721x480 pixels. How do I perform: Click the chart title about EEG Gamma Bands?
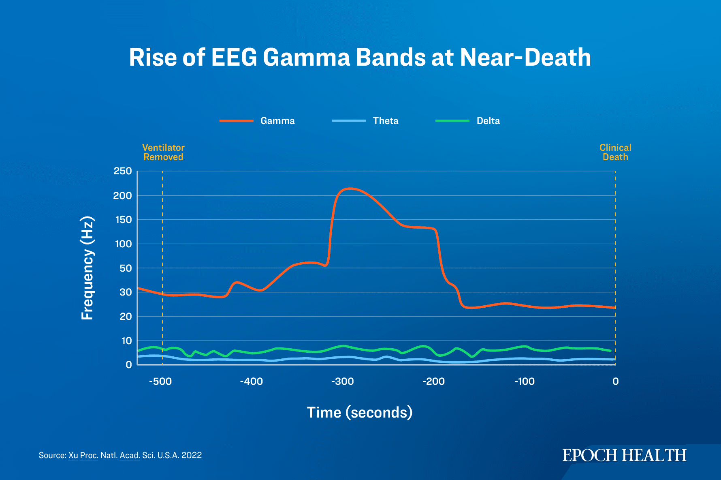pyautogui.click(x=360, y=57)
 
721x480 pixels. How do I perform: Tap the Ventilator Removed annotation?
pyautogui.click(x=163, y=152)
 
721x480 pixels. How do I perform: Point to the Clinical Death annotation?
pyautogui.click(x=615, y=152)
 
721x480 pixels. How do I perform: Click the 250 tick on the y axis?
pyautogui.click(x=123, y=171)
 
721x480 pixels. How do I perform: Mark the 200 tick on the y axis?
pyautogui.click(x=123, y=195)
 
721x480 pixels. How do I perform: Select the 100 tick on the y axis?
pyautogui.click(x=123, y=244)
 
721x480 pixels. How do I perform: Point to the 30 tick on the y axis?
pyautogui.click(x=126, y=292)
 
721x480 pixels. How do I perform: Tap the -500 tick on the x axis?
pyautogui.click(x=160, y=381)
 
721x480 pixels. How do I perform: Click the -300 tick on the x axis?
pyautogui.click(x=343, y=381)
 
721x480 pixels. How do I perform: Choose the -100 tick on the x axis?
pyautogui.click(x=525, y=381)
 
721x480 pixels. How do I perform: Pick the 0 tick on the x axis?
pyautogui.click(x=615, y=381)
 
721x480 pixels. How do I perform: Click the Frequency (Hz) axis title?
pyautogui.click(x=87, y=268)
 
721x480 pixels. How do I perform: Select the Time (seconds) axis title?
pyautogui.click(x=360, y=412)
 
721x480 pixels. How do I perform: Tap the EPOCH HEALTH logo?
pyautogui.click(x=624, y=455)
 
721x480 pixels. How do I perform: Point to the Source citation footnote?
pyautogui.click(x=120, y=455)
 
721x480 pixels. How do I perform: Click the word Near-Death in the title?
pyautogui.click(x=525, y=57)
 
